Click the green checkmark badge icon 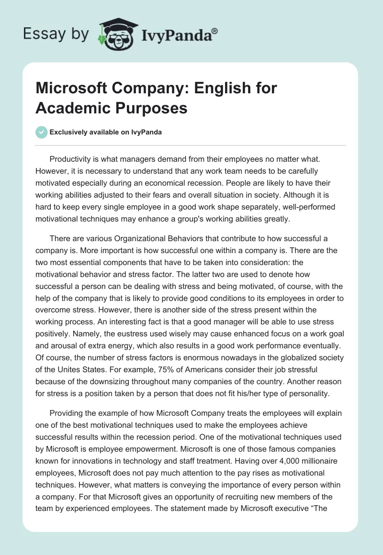42,132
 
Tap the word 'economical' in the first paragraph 203,183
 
